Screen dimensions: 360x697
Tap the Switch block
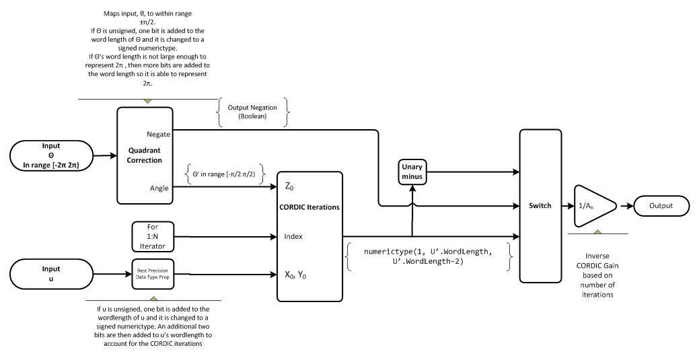(x=540, y=206)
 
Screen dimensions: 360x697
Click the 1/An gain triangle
(x=592, y=207)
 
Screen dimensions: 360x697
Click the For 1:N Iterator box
(x=153, y=236)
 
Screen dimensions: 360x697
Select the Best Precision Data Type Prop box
(x=153, y=274)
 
